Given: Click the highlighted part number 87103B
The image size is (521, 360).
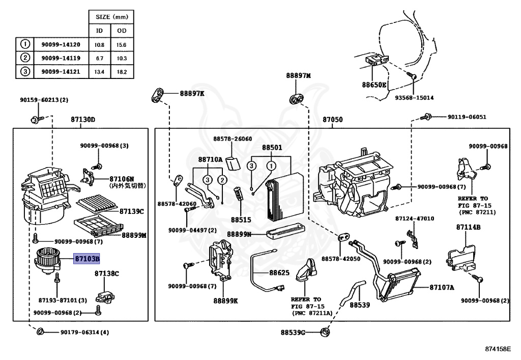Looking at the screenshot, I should tap(87, 259).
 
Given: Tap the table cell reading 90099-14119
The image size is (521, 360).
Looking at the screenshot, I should tap(61, 58).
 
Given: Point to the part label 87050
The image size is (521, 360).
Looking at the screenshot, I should tap(332, 120).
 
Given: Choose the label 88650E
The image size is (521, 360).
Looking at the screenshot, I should tap(374, 85).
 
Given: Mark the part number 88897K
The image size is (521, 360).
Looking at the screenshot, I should tap(192, 94).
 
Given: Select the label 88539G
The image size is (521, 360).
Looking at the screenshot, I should tap(293, 333).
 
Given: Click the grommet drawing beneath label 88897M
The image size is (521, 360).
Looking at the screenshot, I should tap(296, 97).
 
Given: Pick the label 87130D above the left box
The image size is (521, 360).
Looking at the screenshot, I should tap(83, 120).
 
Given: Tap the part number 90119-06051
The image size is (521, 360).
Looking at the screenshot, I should tap(467, 117).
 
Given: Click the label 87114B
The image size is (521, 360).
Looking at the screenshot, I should tap(468, 228).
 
